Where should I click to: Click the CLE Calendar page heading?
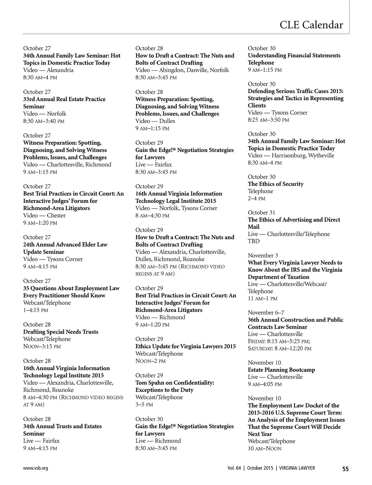click(311, 25)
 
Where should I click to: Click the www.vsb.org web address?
click(35, 468)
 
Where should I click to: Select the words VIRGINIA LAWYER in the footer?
click(297, 468)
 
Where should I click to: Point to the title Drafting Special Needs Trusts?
click(61, 332)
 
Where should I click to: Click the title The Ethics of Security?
click(276, 184)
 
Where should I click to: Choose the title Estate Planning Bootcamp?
click(281, 370)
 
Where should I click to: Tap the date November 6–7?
click(266, 313)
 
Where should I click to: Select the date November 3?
click(263, 256)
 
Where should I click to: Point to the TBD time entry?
click(254, 241)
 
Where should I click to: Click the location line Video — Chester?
click(44, 216)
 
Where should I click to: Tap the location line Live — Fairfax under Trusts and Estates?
click(41, 441)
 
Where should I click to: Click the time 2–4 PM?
click(257, 198)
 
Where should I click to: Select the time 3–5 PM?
click(144, 404)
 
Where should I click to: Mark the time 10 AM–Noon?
click(265, 448)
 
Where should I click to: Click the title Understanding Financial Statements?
click(294, 56)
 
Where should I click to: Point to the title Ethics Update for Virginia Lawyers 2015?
click(186, 346)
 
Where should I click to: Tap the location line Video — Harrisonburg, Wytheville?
click(291, 155)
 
